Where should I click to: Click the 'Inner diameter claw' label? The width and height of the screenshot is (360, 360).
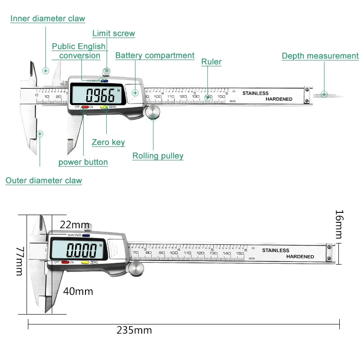pyautogui.click(x=48, y=18)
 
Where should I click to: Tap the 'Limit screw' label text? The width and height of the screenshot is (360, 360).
pyautogui.click(x=113, y=33)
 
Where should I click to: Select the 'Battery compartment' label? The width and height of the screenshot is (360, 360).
pyautogui.click(x=155, y=55)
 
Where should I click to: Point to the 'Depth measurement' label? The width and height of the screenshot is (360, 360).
pyautogui.click(x=320, y=56)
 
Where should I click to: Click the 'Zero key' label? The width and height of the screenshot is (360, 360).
pyautogui.click(x=108, y=142)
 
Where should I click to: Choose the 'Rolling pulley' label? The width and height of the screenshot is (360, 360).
pyautogui.click(x=158, y=156)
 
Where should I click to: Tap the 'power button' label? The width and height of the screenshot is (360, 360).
pyautogui.click(x=83, y=162)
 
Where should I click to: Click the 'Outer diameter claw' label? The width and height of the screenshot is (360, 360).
pyautogui.click(x=44, y=180)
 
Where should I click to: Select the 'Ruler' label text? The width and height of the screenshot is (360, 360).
pyautogui.click(x=211, y=62)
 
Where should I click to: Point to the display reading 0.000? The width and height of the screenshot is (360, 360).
pyautogui.click(x=81, y=249)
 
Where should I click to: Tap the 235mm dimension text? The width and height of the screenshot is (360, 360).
pyautogui.click(x=134, y=330)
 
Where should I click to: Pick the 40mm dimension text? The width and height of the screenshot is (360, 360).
pyautogui.click(x=78, y=291)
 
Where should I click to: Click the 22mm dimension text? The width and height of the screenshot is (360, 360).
pyautogui.click(x=74, y=225)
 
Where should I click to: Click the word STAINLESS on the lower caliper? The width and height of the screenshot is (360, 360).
pyautogui.click(x=275, y=250)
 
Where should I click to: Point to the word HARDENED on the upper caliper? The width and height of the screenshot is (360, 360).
pyautogui.click(x=279, y=99)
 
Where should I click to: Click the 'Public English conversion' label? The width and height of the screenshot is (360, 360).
pyautogui.click(x=79, y=51)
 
